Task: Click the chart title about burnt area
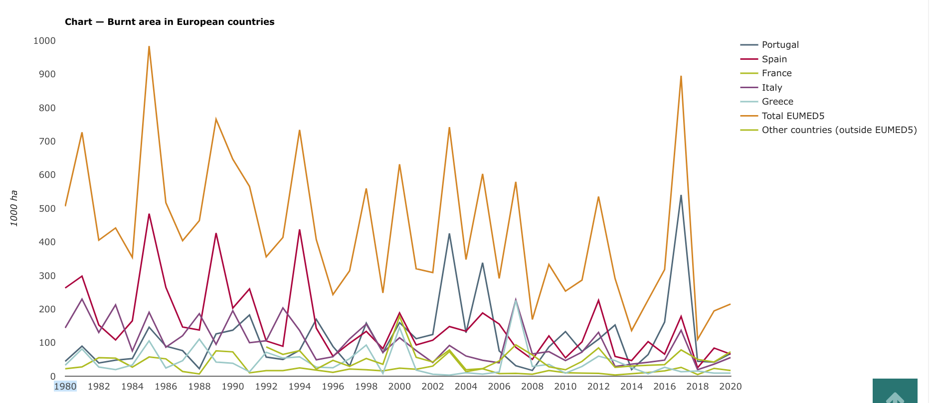coord(170,22)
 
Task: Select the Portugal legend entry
coord(780,45)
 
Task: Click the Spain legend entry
coord(774,59)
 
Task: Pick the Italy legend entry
coord(771,88)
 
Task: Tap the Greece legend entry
coord(777,102)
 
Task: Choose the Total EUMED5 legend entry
coord(792,116)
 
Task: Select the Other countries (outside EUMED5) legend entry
coord(839,130)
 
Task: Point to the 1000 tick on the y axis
coord(44,41)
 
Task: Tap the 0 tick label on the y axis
coord(52,377)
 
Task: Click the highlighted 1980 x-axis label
coord(65,387)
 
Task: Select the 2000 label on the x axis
coord(399,387)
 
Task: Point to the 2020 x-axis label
coord(731,387)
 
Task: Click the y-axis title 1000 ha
coord(14,208)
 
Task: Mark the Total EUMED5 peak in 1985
coord(149,47)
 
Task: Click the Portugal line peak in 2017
coord(681,196)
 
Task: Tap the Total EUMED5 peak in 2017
coord(681,76)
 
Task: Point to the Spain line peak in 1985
coord(149,214)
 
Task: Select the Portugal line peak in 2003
coord(449,234)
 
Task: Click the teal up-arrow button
coord(895,392)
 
